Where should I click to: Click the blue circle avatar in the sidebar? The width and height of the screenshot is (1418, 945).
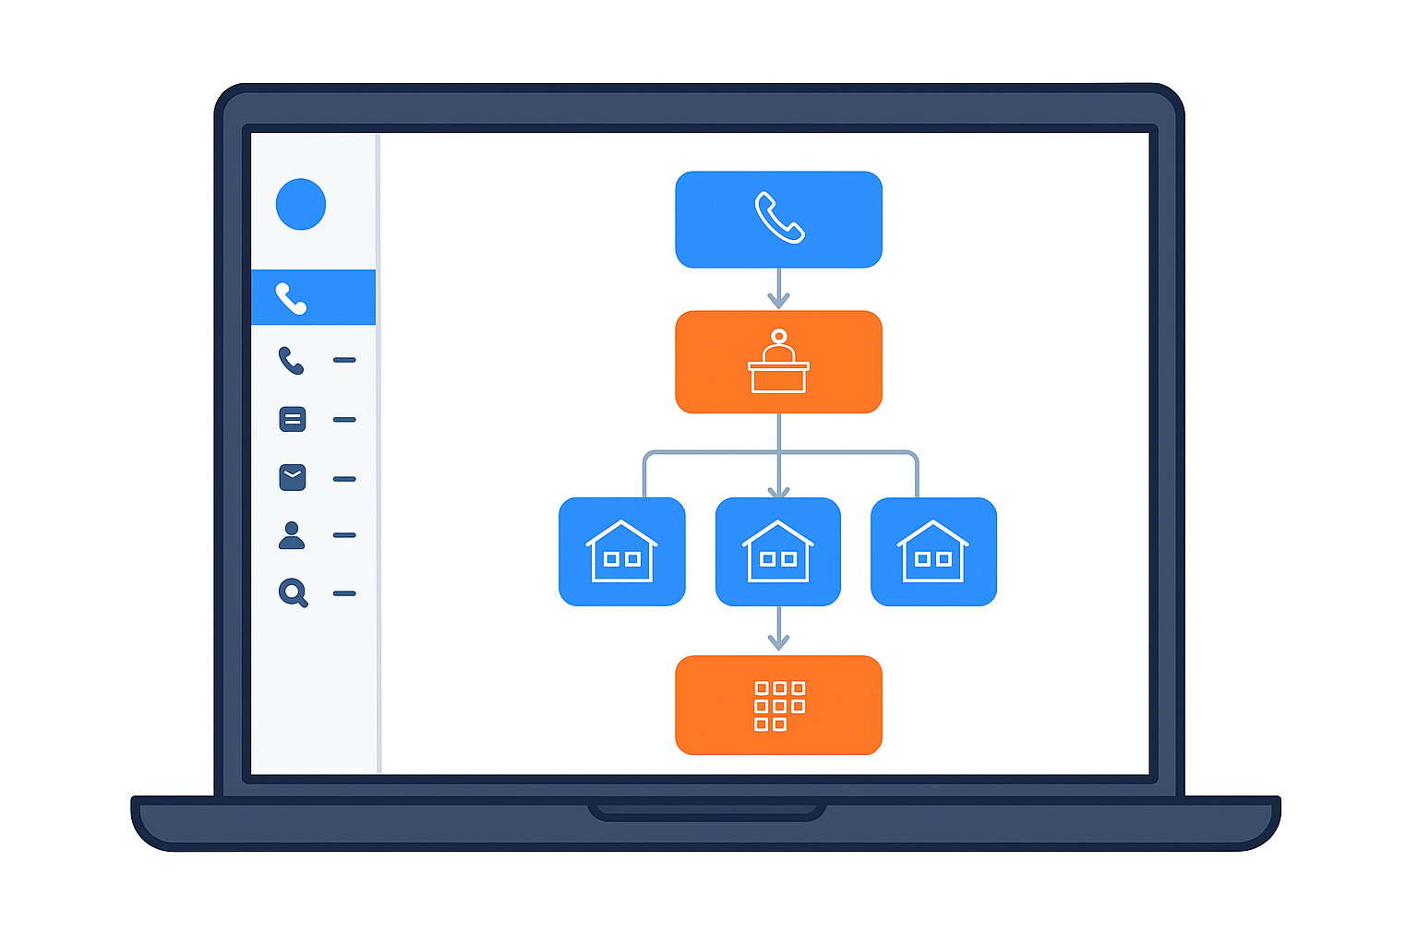click(x=301, y=204)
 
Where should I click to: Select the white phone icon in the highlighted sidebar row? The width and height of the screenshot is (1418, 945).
click(x=291, y=298)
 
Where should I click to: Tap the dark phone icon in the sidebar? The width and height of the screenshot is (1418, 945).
click(x=291, y=360)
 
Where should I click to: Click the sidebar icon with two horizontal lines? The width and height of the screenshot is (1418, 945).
click(x=293, y=419)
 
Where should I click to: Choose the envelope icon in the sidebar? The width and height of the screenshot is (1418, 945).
click(x=293, y=477)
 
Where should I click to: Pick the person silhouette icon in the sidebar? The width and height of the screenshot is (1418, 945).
click(x=292, y=535)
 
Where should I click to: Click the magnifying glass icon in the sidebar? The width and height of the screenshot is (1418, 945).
click(x=293, y=592)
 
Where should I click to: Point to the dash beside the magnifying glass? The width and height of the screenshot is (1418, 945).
click(x=344, y=593)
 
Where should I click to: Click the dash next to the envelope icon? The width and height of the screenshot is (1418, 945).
click(x=344, y=479)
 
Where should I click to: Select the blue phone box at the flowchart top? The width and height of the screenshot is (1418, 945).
click(x=778, y=220)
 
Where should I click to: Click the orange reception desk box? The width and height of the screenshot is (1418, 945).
click(x=778, y=362)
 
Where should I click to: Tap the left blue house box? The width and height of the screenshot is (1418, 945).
click(x=622, y=552)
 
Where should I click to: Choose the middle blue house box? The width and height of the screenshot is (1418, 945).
click(x=778, y=552)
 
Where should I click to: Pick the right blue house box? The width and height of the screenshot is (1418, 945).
click(x=933, y=552)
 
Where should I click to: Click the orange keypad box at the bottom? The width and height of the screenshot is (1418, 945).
click(x=778, y=705)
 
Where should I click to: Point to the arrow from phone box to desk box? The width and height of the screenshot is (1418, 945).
click(x=778, y=289)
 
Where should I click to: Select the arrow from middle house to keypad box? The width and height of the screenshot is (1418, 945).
click(x=778, y=629)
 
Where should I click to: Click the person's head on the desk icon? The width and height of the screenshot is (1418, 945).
click(x=779, y=337)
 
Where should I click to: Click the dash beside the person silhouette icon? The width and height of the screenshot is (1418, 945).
click(x=344, y=535)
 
